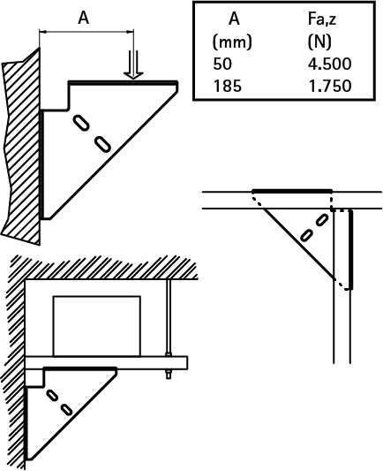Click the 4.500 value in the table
329,64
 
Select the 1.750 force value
330,86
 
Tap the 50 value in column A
222,64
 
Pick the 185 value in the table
228,86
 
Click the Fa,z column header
322,19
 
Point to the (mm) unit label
232,42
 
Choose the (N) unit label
319,42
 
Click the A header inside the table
234,19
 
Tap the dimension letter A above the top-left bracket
84,18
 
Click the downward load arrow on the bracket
133,65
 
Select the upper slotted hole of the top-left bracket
80,123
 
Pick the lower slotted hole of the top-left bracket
103,144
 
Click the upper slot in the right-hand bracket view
322,220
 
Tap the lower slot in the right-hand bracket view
306,235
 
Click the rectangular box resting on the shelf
96,326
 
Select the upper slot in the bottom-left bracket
52,395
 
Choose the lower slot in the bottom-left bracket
66,410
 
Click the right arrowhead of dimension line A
131,31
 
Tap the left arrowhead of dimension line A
43,31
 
